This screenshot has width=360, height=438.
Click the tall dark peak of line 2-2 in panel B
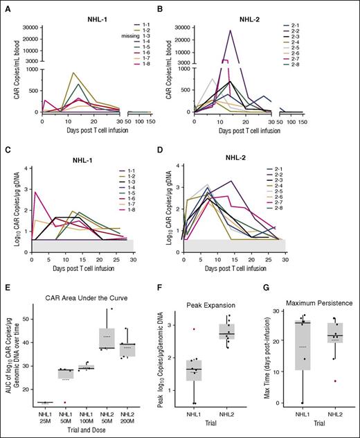click(231, 30)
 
